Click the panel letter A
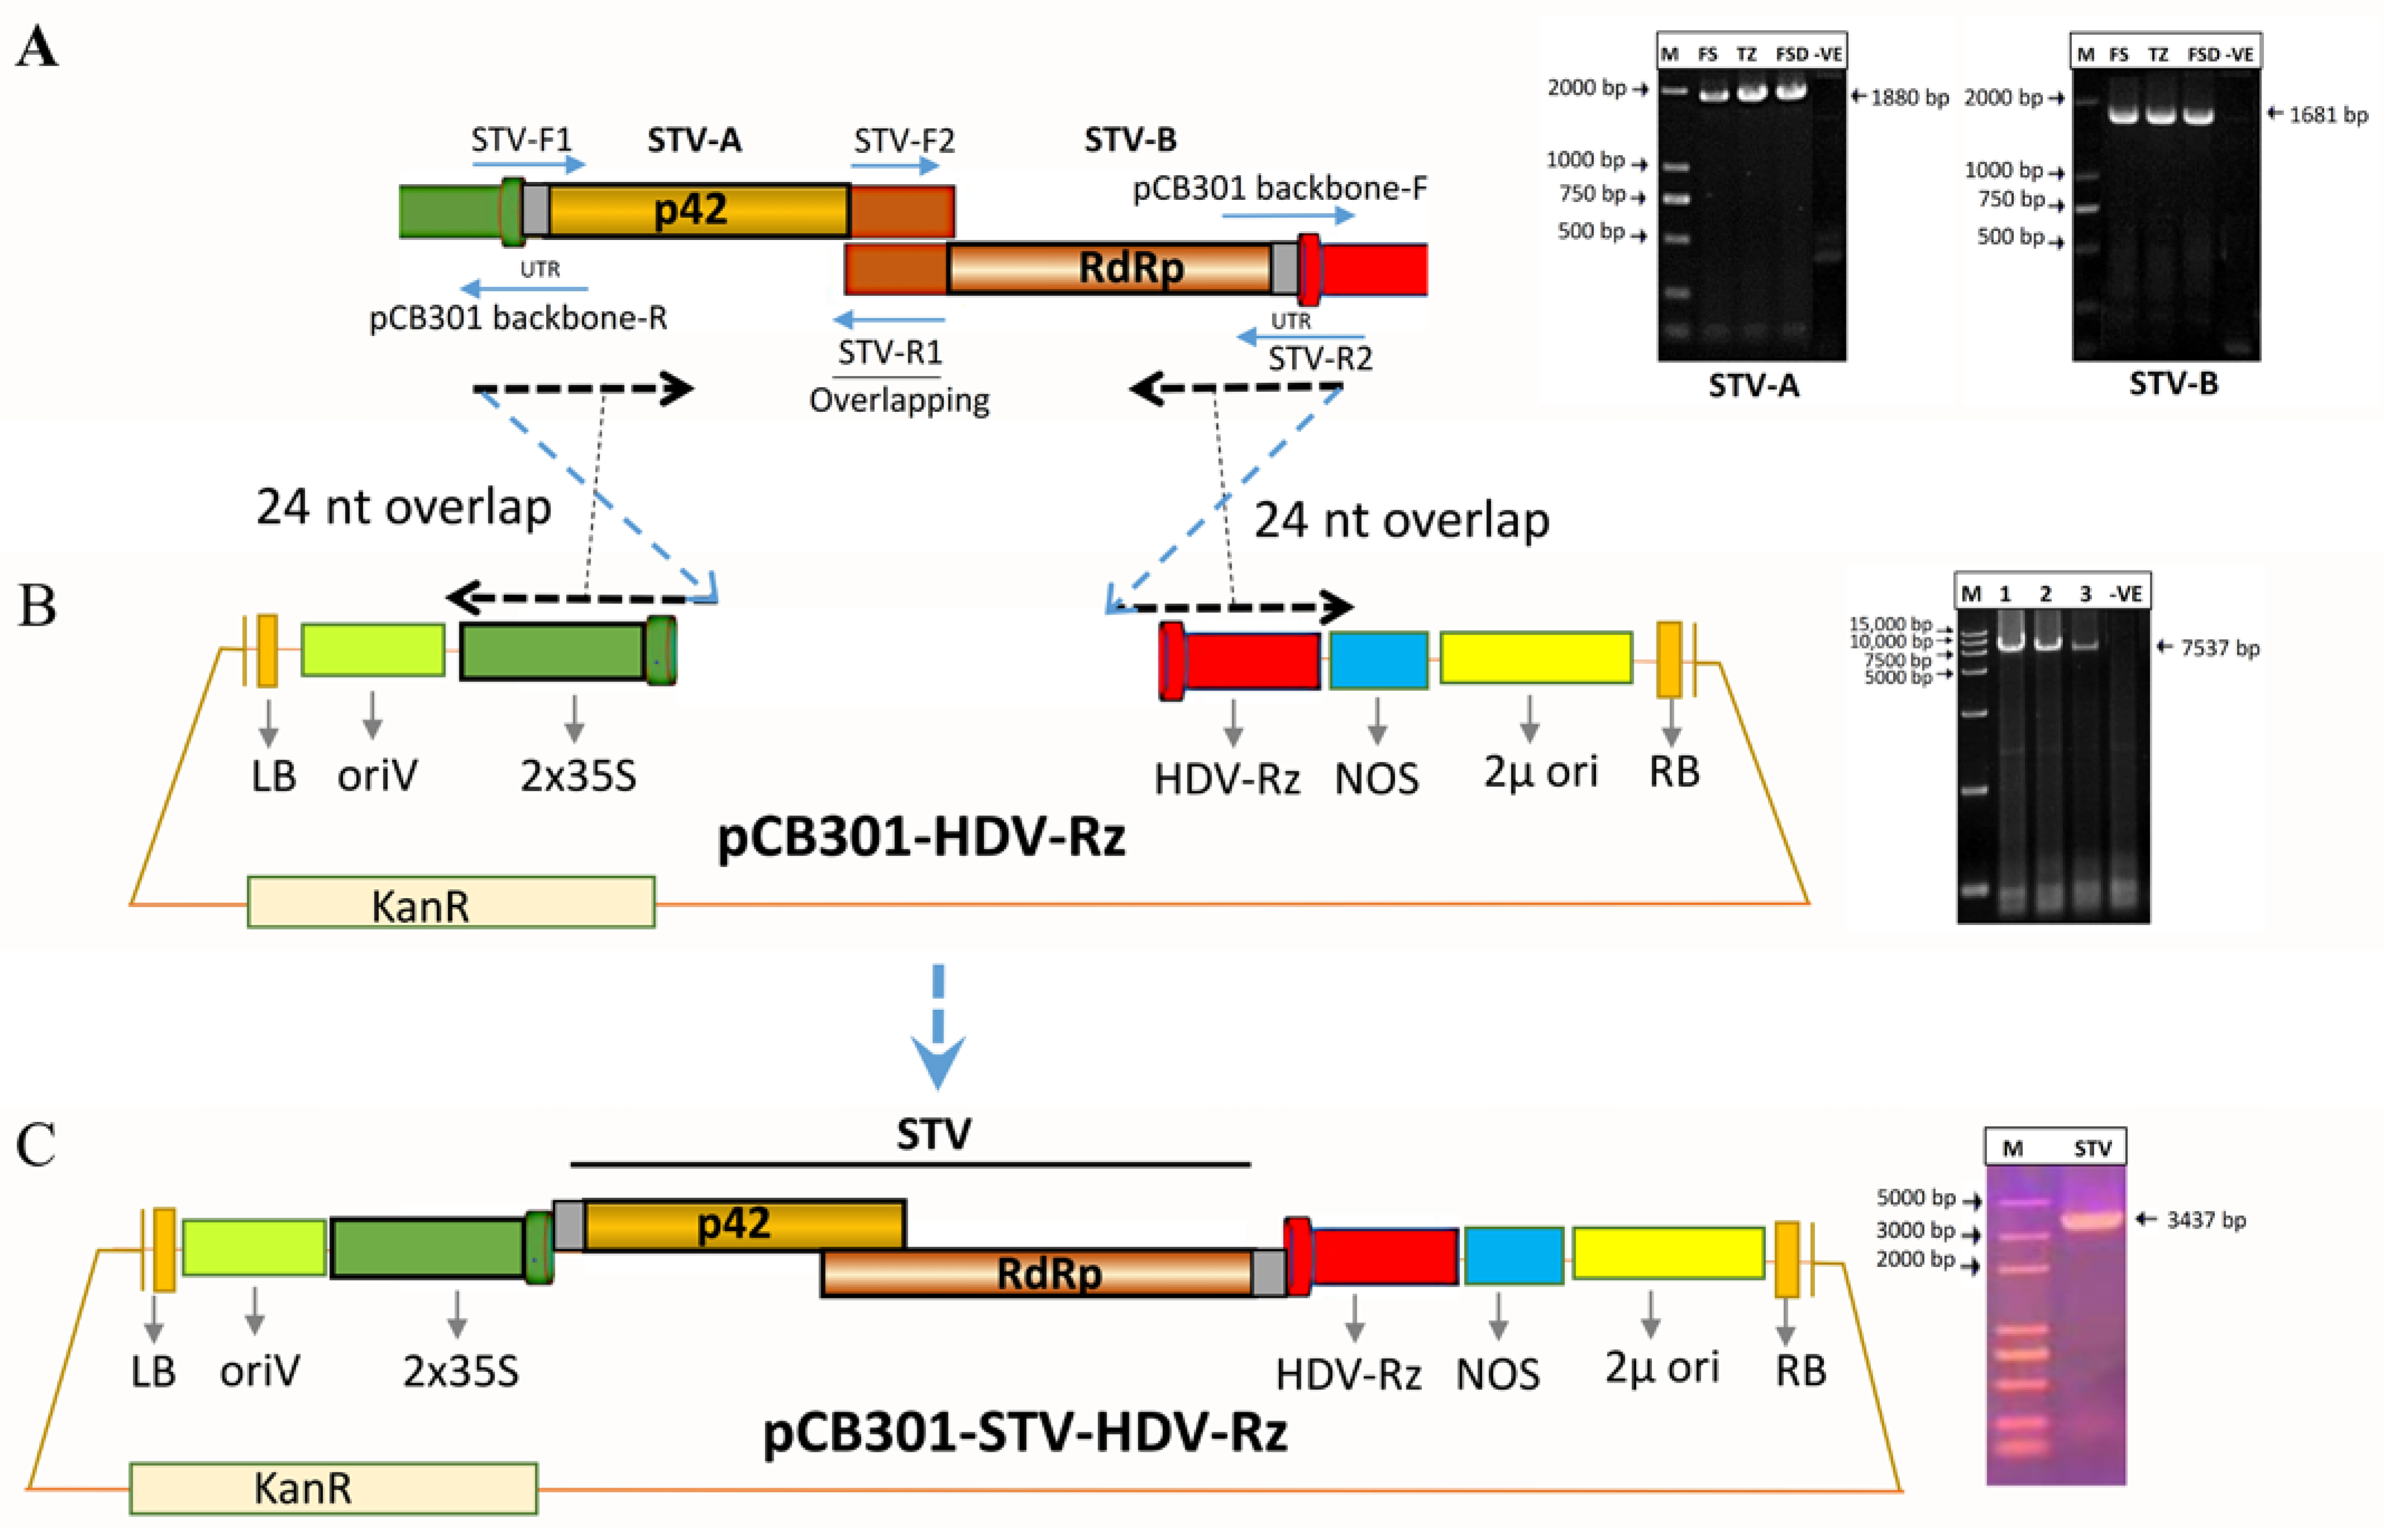click(x=37, y=47)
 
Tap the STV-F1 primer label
click(x=521, y=140)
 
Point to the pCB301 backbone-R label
click(x=518, y=318)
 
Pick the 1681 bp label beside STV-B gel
click(x=2326, y=114)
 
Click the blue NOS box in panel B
click(x=1378, y=660)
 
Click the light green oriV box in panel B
click(x=373, y=650)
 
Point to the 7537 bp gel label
click(x=2219, y=648)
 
